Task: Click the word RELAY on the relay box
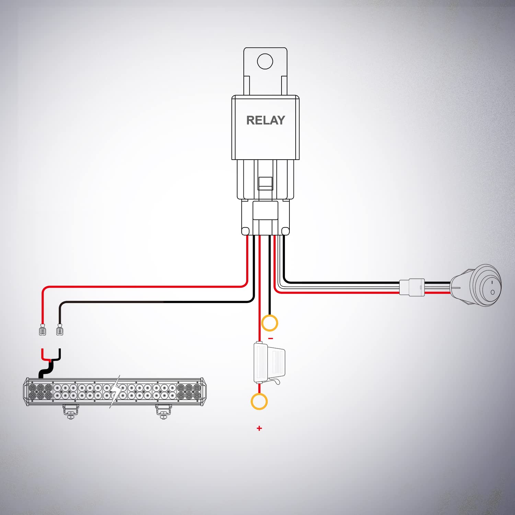point(265,120)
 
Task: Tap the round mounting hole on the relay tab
point(265,61)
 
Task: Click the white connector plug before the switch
point(412,287)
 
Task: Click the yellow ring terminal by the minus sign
point(270,323)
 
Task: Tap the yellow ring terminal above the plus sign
point(259,401)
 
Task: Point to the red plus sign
point(259,428)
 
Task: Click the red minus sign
point(271,339)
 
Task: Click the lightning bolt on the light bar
point(116,391)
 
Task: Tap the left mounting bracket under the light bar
point(71,411)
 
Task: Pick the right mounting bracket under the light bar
point(163,411)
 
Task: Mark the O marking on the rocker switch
point(492,292)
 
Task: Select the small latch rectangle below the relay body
point(265,183)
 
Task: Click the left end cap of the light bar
point(26,392)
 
